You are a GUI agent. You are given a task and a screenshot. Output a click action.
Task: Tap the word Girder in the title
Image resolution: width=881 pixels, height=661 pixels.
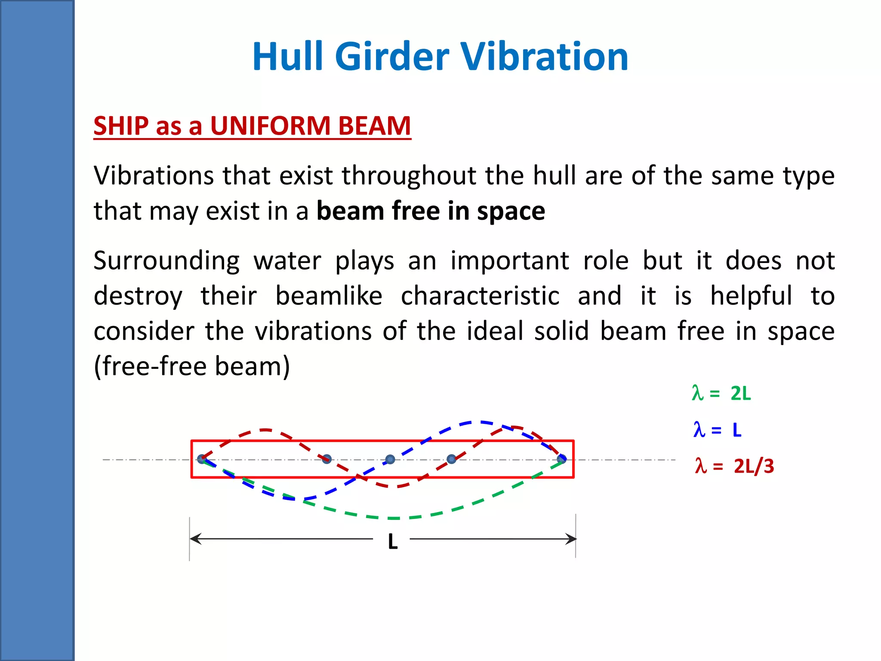tap(392, 57)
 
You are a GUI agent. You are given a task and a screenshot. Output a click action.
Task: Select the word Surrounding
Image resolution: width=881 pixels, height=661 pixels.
tap(166, 261)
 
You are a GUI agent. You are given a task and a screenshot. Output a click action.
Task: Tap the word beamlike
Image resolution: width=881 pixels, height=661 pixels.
tap(329, 296)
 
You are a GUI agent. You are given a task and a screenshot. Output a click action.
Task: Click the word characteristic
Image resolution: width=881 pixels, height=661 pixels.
tap(480, 296)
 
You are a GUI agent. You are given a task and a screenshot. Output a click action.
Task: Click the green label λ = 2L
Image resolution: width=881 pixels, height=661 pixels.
tap(721, 393)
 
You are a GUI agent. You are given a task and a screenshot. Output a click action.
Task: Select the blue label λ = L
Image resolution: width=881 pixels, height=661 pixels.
tap(718, 429)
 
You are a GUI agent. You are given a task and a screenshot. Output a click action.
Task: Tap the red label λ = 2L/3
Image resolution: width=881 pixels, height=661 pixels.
tap(734, 466)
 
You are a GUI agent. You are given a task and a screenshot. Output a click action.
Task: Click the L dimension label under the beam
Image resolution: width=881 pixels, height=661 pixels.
tap(392, 542)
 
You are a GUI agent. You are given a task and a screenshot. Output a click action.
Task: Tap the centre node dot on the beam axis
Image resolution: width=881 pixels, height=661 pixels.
tap(390, 460)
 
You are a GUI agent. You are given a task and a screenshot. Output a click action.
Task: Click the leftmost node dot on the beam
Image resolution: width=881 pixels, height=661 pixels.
tap(202, 459)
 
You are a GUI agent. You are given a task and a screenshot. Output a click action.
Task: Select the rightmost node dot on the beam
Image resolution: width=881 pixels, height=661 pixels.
tap(561, 459)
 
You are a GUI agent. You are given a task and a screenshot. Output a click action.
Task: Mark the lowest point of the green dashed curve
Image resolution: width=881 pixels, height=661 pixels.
tap(394, 518)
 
